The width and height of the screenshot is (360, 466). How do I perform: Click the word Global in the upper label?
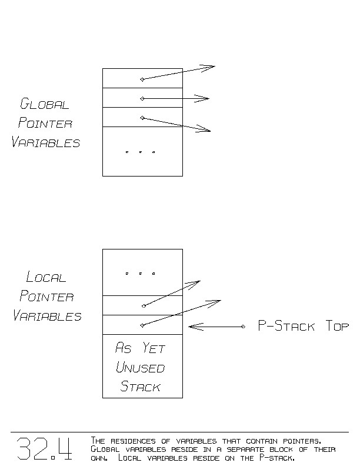pyautogui.click(x=45, y=105)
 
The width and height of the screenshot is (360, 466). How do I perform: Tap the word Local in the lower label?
pyautogui.click(x=46, y=277)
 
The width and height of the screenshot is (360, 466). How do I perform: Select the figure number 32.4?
pyautogui.click(x=44, y=449)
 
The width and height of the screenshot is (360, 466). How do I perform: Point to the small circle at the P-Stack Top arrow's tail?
pyautogui.click(x=243, y=327)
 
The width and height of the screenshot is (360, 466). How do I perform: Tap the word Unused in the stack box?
pyautogui.click(x=140, y=368)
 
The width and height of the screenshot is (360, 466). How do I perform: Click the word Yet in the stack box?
pyautogui.click(x=155, y=348)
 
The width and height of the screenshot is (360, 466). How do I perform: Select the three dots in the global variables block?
pyautogui.click(x=140, y=152)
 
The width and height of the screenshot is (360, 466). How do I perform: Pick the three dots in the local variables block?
pyautogui.click(x=140, y=274)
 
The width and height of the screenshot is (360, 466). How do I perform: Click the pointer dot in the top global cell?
pyautogui.click(x=142, y=79)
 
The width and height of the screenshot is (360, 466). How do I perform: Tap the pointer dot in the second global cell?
pyautogui.click(x=142, y=98)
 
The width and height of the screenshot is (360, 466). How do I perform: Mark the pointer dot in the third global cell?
pyautogui.click(x=142, y=118)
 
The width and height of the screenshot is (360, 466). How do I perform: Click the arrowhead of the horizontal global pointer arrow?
pyautogui.click(x=205, y=98)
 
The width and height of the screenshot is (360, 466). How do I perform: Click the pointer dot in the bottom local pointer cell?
pyautogui.click(x=142, y=325)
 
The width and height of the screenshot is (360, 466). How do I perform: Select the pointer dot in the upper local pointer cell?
pyautogui.click(x=143, y=305)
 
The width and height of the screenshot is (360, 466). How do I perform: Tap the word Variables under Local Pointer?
pyautogui.click(x=47, y=316)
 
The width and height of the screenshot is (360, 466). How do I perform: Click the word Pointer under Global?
pyautogui.click(x=45, y=124)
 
